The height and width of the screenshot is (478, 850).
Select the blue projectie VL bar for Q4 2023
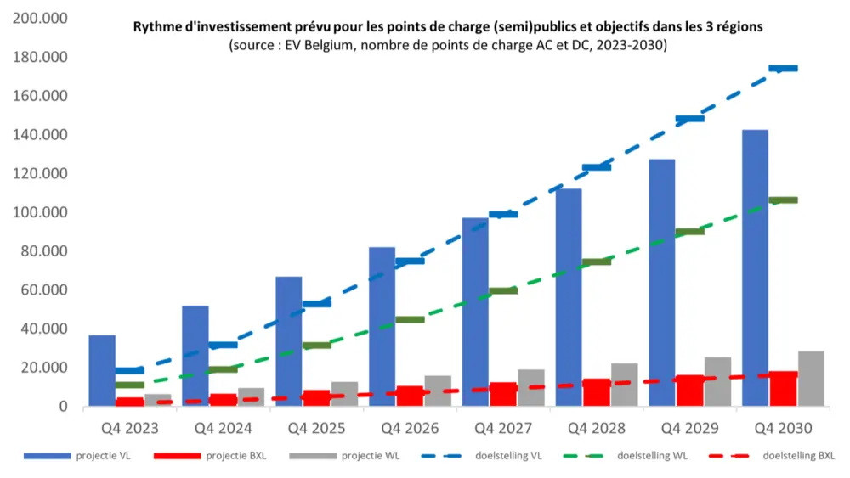point(102,370)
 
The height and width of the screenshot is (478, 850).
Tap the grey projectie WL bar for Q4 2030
point(811,379)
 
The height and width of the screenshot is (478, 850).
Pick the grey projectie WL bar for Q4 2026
point(438,391)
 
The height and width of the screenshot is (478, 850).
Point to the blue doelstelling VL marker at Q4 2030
point(783,68)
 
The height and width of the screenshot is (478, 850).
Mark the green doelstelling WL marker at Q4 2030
point(783,200)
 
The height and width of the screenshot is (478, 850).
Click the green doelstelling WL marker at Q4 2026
point(410,319)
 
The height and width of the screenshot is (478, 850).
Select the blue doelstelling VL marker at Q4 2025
point(316,303)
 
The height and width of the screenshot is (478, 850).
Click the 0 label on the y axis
point(63,407)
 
